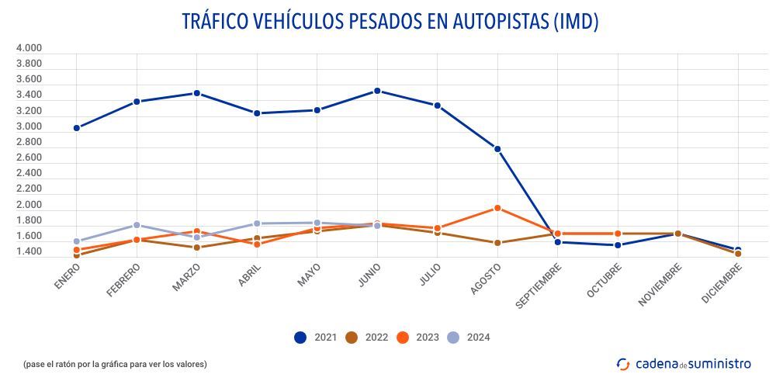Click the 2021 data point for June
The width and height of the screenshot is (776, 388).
pyautogui.click(x=377, y=91)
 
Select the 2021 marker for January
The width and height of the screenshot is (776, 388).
pyautogui.click(x=77, y=128)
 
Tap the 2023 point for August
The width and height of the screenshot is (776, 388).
pyautogui.click(x=497, y=208)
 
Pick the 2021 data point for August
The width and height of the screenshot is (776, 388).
pyautogui.click(x=497, y=149)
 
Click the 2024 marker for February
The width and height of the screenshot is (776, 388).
pyautogui.click(x=137, y=225)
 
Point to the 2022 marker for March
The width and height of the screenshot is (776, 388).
pyautogui.click(x=197, y=248)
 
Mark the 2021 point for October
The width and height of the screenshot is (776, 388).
pyautogui.click(x=618, y=245)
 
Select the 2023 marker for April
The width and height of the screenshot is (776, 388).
pyautogui.click(x=257, y=244)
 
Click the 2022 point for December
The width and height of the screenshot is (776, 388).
pyautogui.click(x=738, y=254)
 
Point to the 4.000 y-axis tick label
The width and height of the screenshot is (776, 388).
pyautogui.click(x=29, y=48)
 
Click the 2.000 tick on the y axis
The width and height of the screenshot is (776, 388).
pyautogui.click(x=29, y=205)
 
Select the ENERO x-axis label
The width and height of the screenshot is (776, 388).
pyautogui.click(x=68, y=277)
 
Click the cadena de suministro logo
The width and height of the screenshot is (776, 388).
pyautogui.click(x=684, y=364)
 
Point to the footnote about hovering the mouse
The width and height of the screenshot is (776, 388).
pyautogui.click(x=115, y=364)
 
